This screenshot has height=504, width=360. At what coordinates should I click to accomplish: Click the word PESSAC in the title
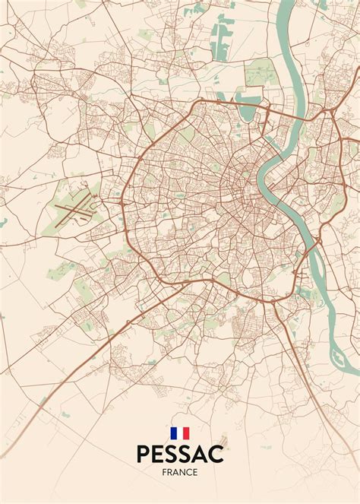click(180, 454)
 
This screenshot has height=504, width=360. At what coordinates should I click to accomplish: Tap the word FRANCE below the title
click(180, 472)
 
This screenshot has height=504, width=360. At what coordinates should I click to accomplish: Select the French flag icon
click(180, 433)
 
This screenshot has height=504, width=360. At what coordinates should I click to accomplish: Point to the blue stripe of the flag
click(174, 433)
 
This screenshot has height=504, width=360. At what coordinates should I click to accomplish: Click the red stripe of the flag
click(186, 433)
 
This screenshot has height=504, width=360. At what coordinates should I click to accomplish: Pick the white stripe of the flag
click(180, 433)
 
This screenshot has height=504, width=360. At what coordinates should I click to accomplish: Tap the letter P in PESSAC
click(144, 454)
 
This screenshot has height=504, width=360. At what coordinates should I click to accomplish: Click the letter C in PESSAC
click(216, 454)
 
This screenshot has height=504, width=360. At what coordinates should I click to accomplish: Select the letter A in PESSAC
click(199, 454)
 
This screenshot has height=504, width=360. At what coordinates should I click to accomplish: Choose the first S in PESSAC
click(171, 454)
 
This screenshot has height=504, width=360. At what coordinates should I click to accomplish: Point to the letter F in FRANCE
click(165, 472)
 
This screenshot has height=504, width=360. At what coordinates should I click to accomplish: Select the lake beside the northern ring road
click(248, 111)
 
